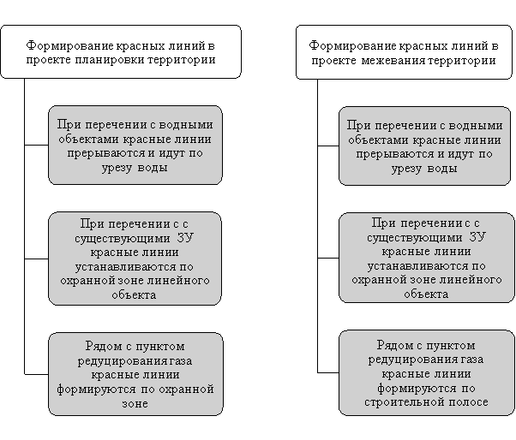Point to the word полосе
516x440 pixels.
point(465,402)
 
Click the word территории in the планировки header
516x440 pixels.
point(182,60)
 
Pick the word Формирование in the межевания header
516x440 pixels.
point(353,45)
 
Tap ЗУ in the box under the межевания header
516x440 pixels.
point(477,237)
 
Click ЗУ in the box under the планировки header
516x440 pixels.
point(185,238)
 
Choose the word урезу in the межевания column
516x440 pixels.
point(407,169)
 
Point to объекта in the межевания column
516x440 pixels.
point(426,294)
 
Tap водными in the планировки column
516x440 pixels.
point(186,125)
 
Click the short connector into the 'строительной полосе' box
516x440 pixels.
point(328,372)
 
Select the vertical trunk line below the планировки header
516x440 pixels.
point(24,226)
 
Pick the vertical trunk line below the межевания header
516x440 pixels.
point(317,226)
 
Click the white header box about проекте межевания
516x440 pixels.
point(404,52)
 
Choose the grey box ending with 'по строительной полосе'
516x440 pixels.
point(427,373)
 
